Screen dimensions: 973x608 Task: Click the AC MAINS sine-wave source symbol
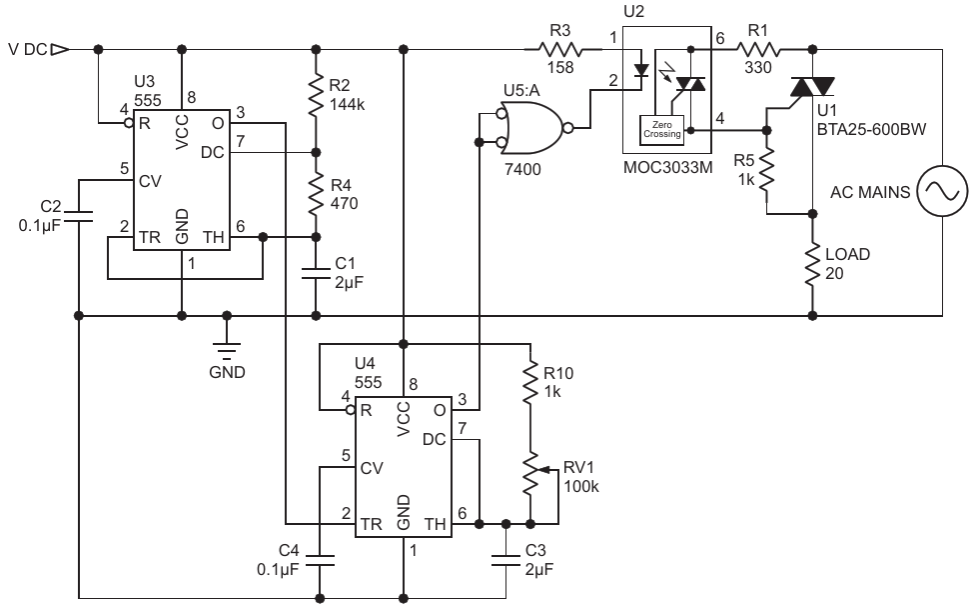[942, 191]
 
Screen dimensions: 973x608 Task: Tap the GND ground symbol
[227, 351]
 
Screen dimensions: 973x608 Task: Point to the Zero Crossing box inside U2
[661, 130]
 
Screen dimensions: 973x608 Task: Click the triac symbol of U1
[812, 87]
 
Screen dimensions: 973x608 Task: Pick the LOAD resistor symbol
[812, 265]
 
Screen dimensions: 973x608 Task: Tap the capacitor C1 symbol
[316, 273]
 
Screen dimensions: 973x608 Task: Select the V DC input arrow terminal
[60, 49]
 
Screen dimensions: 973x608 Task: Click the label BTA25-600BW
[871, 130]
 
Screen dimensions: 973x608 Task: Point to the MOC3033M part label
[667, 167]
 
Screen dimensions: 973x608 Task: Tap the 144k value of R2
[348, 104]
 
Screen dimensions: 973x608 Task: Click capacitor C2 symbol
[79, 216]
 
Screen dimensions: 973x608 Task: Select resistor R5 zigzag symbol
[767, 170]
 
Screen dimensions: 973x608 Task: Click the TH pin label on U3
[213, 237]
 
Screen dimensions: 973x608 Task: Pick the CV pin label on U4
[372, 468]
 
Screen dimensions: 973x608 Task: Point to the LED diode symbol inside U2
[641, 70]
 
